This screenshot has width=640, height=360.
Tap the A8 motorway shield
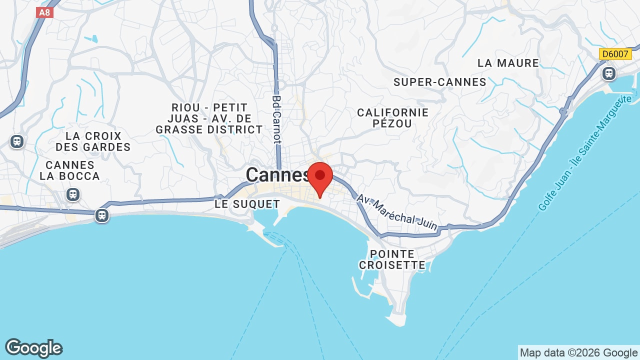(x=44, y=12)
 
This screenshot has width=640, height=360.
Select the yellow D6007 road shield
(x=615, y=54)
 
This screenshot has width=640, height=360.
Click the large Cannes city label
(x=277, y=175)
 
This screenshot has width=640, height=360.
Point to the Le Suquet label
(x=247, y=204)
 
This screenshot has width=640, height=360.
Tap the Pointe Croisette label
(x=392, y=259)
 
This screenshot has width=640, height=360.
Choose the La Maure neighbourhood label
(x=508, y=63)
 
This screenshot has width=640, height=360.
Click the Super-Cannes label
(x=440, y=82)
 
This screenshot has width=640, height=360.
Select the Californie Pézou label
(x=392, y=118)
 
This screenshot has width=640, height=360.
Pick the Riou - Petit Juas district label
(x=209, y=118)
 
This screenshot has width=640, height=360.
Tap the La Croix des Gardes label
(x=93, y=141)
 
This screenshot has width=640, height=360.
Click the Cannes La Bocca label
(x=70, y=170)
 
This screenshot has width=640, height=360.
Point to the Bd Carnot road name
(x=277, y=119)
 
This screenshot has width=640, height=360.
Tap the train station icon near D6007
(x=608, y=73)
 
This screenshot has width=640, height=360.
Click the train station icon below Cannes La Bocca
(x=73, y=194)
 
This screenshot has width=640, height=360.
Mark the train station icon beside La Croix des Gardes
(x=17, y=141)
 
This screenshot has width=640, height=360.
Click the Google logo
(x=33, y=348)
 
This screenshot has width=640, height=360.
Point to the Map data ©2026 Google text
(x=578, y=352)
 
